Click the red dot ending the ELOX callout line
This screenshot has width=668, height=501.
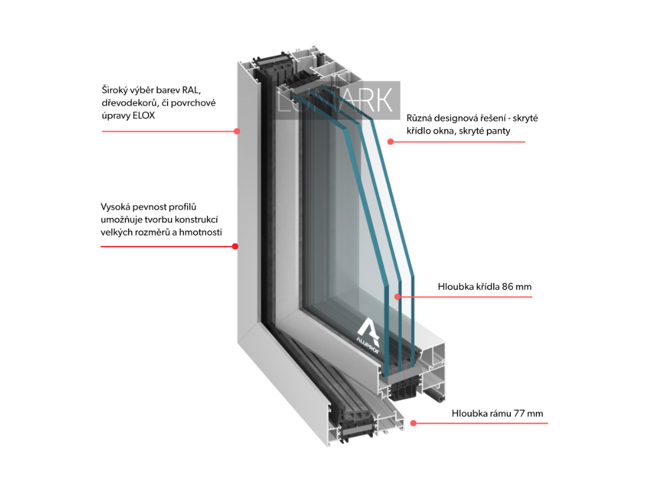tap(236, 131)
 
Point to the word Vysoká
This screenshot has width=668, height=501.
tap(116, 207)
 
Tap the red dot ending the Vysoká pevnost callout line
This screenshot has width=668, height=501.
tap(235, 247)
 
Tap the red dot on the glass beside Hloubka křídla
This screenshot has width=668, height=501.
tap(398, 297)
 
